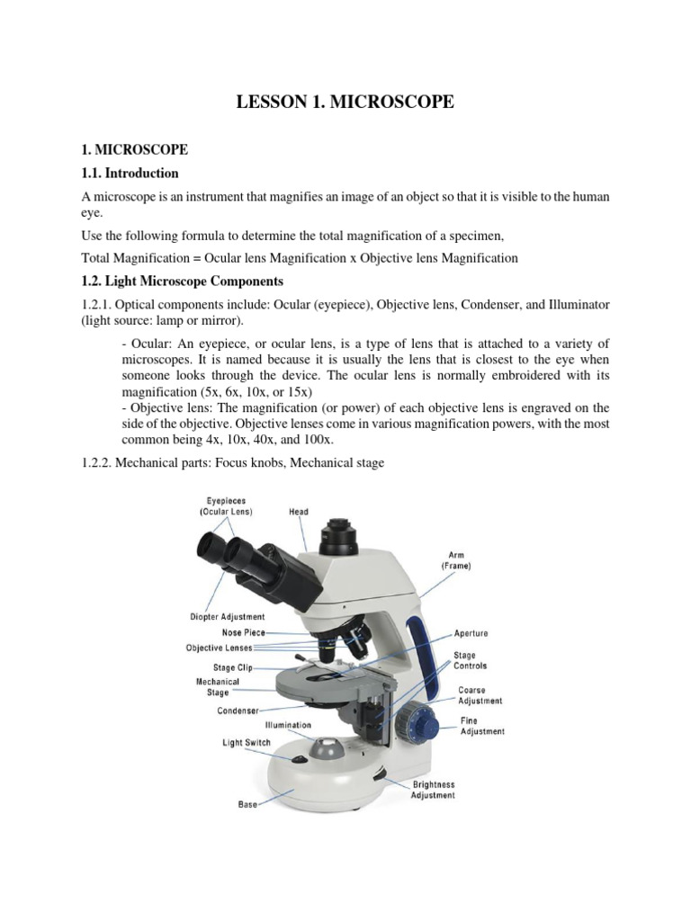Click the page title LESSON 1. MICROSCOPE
pos(345,103)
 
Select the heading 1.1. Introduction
pos(130,173)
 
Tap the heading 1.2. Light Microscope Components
pos(182,282)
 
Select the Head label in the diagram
pos(299,512)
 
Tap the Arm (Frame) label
pos(456,561)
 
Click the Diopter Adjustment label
pos(228,617)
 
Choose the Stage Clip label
pos(232,668)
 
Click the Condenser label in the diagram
pos(238,711)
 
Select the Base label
pos(248,804)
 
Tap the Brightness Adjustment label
pos(433,790)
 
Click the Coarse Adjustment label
pos(480,695)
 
